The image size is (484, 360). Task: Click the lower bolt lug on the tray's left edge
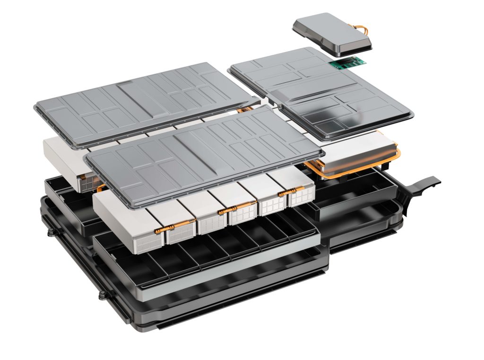102,296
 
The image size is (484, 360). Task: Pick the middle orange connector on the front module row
234,208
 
